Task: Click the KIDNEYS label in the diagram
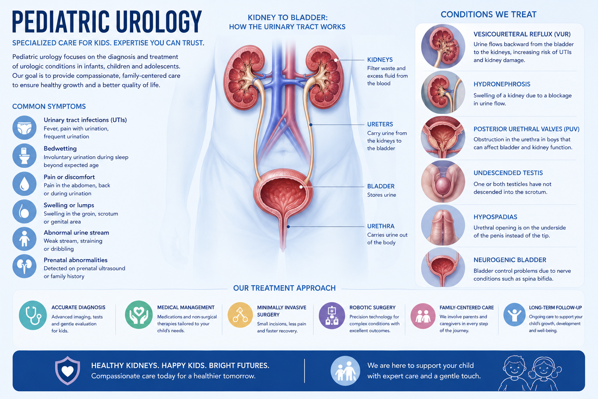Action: pyautogui.click(x=380, y=60)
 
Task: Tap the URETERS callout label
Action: pyautogui.click(x=380, y=124)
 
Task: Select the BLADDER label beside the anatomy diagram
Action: pyautogui.click(x=381, y=186)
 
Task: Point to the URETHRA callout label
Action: pyautogui.click(x=381, y=226)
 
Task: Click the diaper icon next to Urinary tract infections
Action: pyautogui.click(x=24, y=128)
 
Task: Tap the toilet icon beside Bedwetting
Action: pyautogui.click(x=24, y=156)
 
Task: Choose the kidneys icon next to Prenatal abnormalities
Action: pyautogui.click(x=24, y=266)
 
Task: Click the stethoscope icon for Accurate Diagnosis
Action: pyautogui.click(x=33, y=315)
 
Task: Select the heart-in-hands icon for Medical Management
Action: pyautogui.click(x=139, y=315)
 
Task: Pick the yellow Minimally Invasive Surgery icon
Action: pyautogui.click(x=240, y=315)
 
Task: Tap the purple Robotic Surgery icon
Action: pyautogui.click(x=332, y=316)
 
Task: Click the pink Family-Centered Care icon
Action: pyautogui.click(x=423, y=316)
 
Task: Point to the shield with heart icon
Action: pyautogui.click(x=67, y=371)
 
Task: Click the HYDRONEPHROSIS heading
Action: pyautogui.click(x=502, y=84)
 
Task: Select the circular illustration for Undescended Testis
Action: pyautogui.click(x=443, y=182)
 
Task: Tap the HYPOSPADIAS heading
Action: pyautogui.click(x=495, y=217)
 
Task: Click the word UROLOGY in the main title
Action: pyautogui.click(x=159, y=22)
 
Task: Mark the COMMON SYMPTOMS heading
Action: pyautogui.click(x=49, y=106)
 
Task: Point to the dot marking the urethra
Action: pyautogui.click(x=288, y=227)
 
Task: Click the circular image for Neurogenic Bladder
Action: pyautogui.click(x=443, y=267)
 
